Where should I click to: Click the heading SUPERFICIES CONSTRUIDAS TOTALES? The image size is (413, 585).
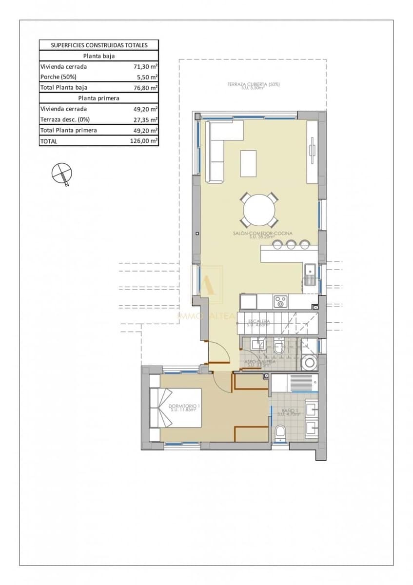pos(99,45)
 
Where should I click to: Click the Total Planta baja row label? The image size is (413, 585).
pos(64,88)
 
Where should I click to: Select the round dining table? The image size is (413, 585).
pos(259,210)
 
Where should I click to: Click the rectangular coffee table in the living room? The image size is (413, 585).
pos(248,163)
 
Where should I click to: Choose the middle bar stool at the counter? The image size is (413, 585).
pos(291,244)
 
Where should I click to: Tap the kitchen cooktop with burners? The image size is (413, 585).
pos(280,301)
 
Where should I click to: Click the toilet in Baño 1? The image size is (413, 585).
pos(280,433)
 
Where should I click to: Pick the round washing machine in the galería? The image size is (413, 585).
pos(309,363)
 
